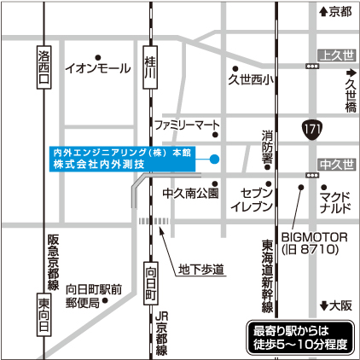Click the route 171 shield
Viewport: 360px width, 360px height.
click(x=311, y=128)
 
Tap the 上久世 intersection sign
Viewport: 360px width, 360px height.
click(x=336, y=55)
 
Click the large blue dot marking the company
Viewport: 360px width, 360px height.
click(x=215, y=158)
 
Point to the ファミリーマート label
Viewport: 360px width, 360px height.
click(x=187, y=125)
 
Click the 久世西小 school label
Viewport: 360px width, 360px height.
click(x=248, y=81)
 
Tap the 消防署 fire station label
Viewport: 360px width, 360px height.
click(x=267, y=147)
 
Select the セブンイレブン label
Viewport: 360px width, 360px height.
click(x=257, y=200)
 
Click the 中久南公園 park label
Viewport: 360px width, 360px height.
click(x=190, y=193)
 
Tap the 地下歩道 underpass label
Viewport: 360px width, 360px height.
click(x=200, y=270)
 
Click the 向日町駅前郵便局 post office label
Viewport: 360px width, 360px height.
click(x=96, y=295)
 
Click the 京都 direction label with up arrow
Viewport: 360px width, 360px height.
click(x=334, y=11)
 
